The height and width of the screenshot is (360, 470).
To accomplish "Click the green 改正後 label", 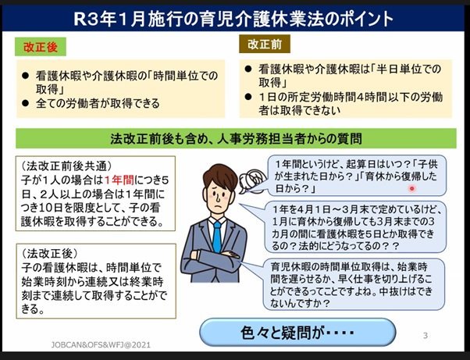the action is pos(41,47).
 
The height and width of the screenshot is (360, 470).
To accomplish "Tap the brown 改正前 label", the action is pos(265,44).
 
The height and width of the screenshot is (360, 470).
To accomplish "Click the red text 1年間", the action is pos(119,180).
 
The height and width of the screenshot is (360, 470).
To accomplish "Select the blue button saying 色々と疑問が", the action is pos(297,332).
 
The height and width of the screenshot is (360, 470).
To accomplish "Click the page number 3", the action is pos(425,336).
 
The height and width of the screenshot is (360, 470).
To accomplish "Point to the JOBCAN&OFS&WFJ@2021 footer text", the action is pos(101,345).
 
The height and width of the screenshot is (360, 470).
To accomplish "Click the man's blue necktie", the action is pos(217,236).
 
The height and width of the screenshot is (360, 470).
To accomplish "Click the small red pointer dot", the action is pos(412,188).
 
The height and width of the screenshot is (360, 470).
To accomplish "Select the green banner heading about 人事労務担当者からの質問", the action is pos(236,138).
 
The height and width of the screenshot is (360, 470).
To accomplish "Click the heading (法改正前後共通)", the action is pos(66,166).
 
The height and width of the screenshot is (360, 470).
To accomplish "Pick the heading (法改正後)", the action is pos(49,254).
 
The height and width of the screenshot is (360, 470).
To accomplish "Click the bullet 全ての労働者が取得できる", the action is pos(98,103).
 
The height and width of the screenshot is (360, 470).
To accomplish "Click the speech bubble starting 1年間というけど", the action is pos(357,176).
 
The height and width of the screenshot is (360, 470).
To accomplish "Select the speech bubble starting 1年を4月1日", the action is pos(355,227).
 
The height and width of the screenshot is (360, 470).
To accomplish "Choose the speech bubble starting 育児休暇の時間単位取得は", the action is pos(354,284).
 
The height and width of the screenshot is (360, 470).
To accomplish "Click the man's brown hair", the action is pos(219,176).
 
